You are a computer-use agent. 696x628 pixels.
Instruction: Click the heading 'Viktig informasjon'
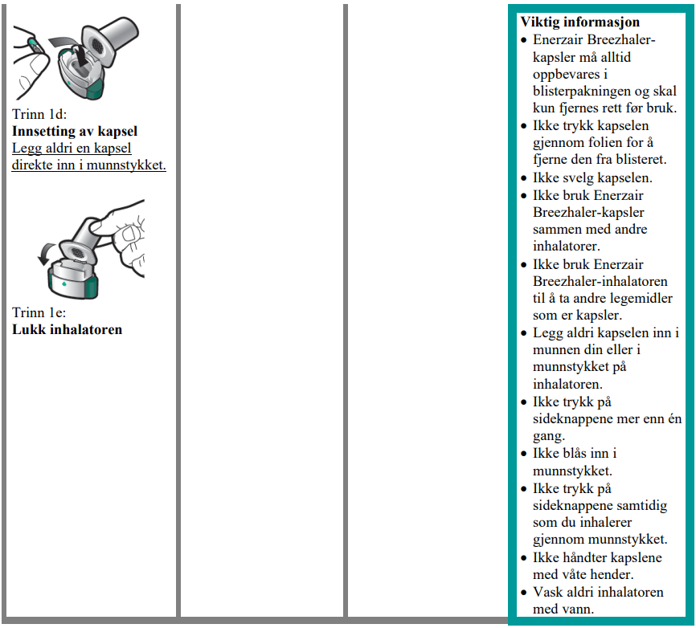579,22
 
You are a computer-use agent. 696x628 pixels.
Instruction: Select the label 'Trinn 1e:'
39,312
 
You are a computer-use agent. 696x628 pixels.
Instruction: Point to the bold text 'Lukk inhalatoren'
68,329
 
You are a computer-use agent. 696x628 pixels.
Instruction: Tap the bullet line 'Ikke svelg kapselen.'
592,177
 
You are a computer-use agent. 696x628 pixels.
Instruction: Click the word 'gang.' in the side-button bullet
548,436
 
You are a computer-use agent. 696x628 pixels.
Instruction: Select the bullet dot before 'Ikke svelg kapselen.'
524,178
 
